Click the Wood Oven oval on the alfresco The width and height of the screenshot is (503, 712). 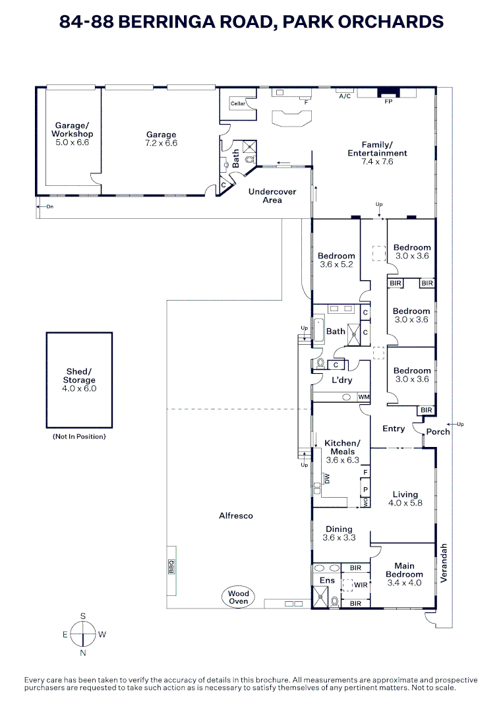[239, 597]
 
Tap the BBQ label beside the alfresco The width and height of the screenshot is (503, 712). [171, 567]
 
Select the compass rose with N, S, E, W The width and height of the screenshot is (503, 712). [83, 635]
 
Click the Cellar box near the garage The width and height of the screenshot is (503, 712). [237, 104]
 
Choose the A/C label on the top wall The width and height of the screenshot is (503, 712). [344, 96]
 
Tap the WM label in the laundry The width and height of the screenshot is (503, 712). [363, 397]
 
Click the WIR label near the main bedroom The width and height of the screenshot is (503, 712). [360, 585]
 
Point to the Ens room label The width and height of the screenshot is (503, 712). [327, 580]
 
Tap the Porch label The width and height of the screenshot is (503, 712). [438, 432]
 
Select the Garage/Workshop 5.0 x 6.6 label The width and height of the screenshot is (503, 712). [71, 134]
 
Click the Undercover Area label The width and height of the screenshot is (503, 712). [272, 196]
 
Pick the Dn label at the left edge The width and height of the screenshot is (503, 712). [49, 206]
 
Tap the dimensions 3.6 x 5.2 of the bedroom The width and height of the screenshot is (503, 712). [336, 264]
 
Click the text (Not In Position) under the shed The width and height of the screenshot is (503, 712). [78, 436]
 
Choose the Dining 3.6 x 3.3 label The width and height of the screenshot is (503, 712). [339, 533]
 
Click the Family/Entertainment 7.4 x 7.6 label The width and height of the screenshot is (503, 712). [377, 153]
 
